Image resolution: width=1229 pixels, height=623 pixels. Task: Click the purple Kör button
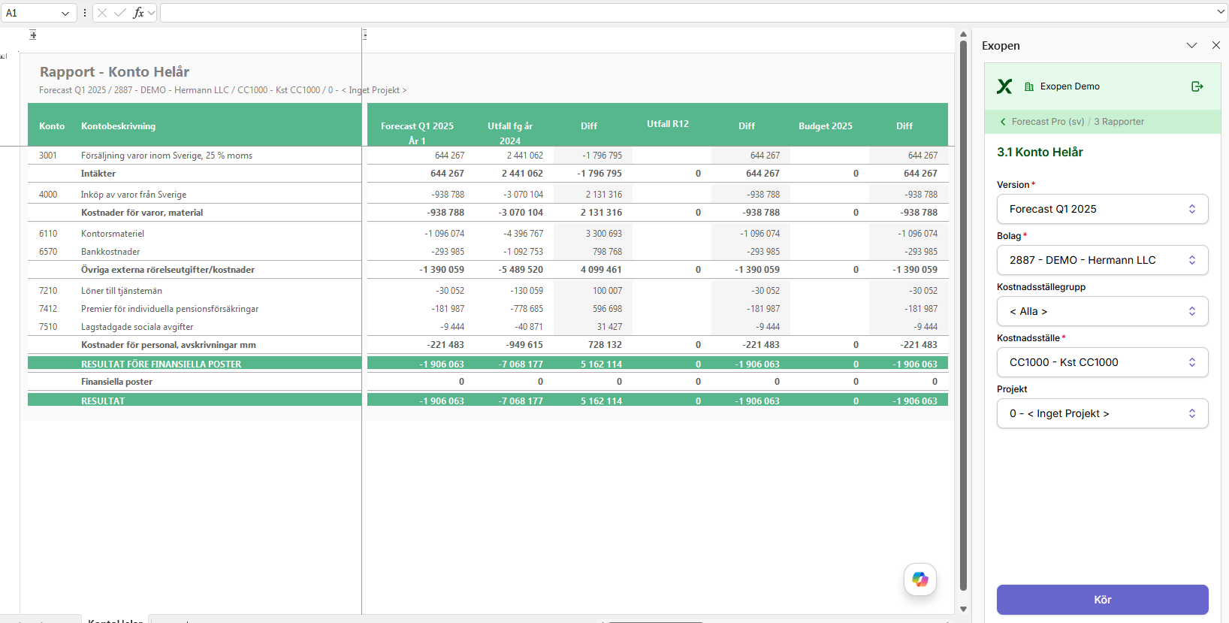[x=1102, y=600]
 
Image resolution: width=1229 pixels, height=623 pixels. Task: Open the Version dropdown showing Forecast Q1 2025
[x=1102, y=209]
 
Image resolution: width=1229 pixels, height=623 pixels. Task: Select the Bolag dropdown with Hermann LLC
[x=1102, y=260]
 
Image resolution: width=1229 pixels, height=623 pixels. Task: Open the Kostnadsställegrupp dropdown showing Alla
[x=1102, y=311]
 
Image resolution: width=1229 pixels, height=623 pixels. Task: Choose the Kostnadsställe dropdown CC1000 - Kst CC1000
[x=1102, y=362]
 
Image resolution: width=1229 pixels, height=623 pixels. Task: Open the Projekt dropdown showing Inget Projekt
[x=1102, y=413]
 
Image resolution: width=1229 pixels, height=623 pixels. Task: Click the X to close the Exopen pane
[x=1215, y=46]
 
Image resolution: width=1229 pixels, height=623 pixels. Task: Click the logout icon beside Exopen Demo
[x=1197, y=86]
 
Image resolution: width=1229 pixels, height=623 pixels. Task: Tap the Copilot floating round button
[x=920, y=579]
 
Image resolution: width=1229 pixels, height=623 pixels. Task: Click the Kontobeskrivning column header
[x=118, y=126]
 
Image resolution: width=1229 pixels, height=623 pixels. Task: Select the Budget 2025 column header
[x=825, y=126]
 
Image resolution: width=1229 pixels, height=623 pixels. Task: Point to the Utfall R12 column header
[x=667, y=124]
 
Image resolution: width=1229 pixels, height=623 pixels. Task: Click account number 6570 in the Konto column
[x=48, y=252]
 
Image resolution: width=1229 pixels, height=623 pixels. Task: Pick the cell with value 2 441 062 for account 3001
[x=524, y=156]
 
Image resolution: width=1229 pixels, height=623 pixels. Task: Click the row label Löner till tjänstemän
[x=121, y=291]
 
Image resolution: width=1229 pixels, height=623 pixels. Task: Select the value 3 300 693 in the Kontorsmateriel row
[x=603, y=233]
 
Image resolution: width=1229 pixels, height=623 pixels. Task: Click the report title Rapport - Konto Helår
[x=114, y=72]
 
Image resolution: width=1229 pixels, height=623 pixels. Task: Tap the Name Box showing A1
[x=38, y=14]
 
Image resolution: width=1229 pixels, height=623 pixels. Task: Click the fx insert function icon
[x=138, y=14]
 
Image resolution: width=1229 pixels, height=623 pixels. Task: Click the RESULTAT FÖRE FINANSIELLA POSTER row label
[x=161, y=364]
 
